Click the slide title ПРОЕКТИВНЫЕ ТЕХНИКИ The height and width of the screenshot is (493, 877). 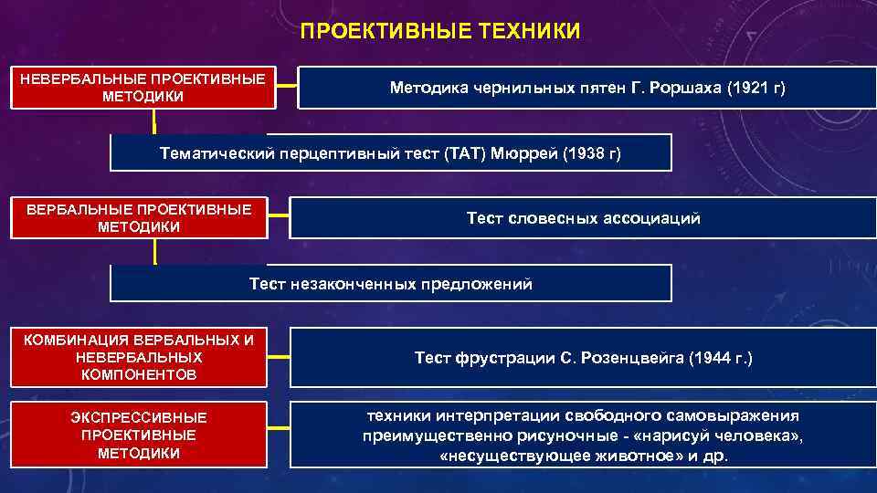(x=439, y=32)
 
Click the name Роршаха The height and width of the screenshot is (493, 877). (x=682, y=88)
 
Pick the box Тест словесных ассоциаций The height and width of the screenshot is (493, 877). (x=583, y=218)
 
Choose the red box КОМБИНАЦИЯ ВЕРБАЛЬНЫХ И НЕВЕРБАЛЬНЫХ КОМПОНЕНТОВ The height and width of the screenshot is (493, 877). (x=139, y=357)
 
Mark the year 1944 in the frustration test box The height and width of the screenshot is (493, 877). (x=712, y=358)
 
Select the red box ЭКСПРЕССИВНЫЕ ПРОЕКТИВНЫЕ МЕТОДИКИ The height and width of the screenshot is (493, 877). (x=139, y=435)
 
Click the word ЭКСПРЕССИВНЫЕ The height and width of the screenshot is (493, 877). (x=139, y=417)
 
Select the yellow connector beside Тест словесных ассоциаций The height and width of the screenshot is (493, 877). (x=279, y=218)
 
